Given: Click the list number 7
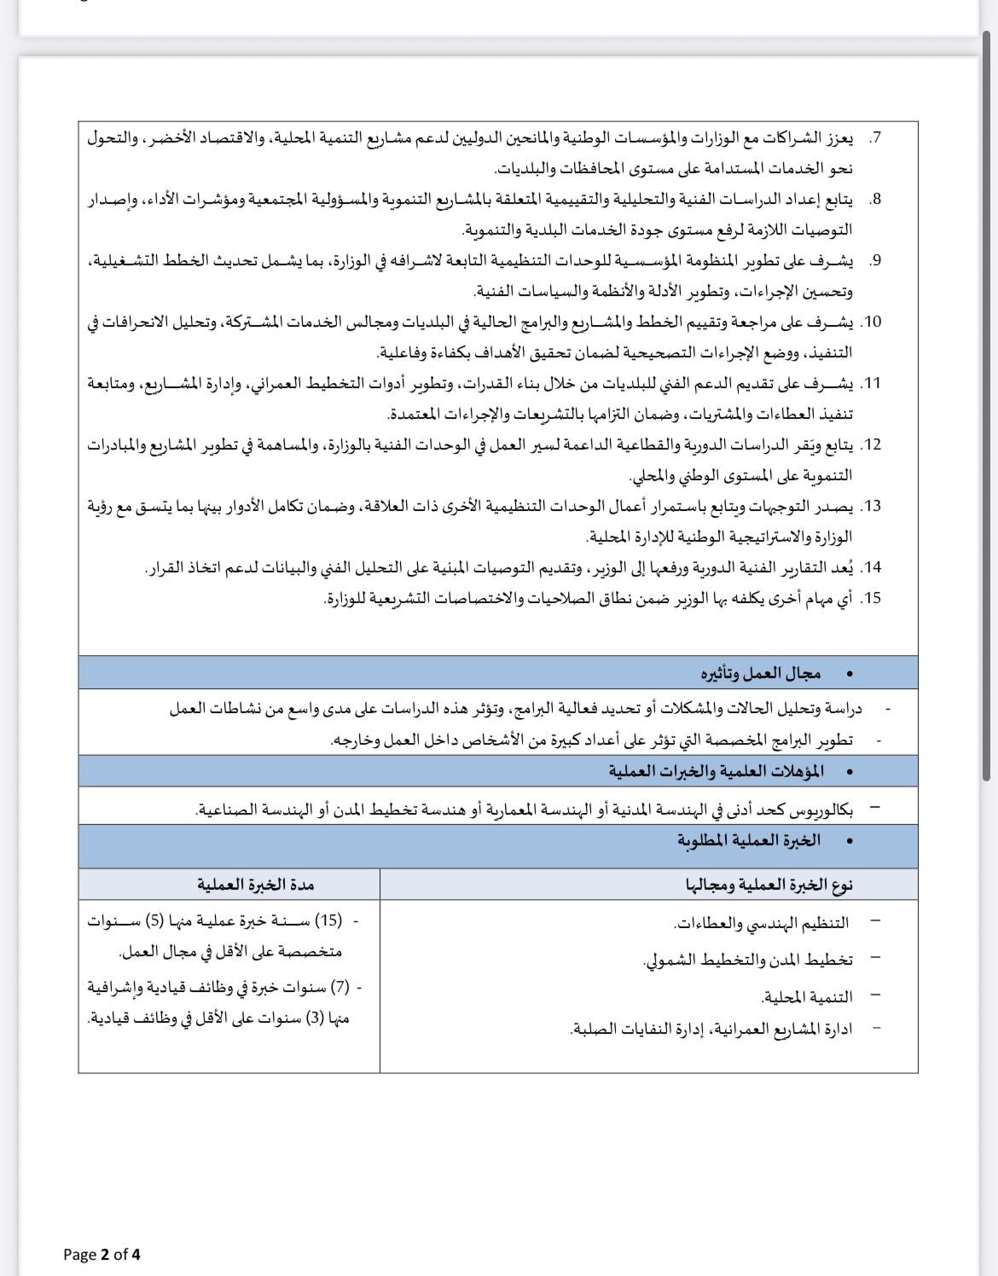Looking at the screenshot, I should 876,138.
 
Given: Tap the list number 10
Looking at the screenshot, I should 872,322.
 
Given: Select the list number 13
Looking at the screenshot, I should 872,507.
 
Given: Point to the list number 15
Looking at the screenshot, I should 872,599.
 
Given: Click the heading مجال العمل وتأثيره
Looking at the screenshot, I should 761,674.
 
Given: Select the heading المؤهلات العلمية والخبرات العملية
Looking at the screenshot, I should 717,772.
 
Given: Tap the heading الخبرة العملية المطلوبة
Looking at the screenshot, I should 749,841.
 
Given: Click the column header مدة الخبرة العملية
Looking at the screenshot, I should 256,885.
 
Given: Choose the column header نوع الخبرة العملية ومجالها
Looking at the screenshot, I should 769,885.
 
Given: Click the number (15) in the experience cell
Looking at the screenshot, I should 328,921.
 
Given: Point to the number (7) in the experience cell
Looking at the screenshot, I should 340,988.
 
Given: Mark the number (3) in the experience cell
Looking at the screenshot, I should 315,1018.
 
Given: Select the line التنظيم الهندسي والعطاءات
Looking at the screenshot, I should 763,923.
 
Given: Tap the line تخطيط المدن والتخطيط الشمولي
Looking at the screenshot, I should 748,960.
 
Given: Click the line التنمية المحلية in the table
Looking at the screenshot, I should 807,997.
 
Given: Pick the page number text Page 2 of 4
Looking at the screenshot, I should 102,1254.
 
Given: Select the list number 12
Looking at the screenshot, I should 872,445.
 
